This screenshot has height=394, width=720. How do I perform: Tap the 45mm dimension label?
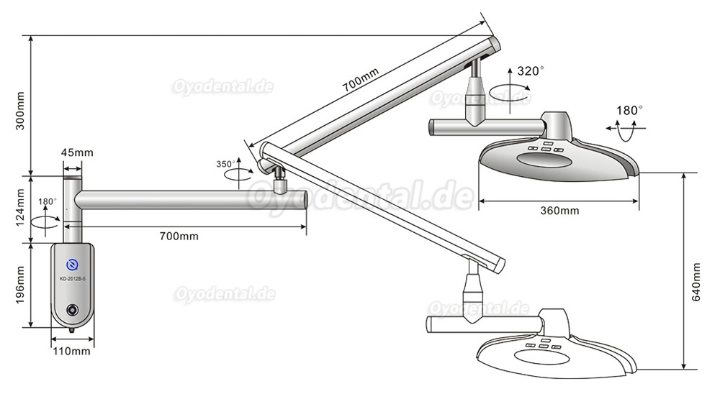click(x=77, y=152)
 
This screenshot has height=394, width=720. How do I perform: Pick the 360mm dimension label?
click(x=559, y=211)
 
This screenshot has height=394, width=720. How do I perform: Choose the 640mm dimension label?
click(x=696, y=281)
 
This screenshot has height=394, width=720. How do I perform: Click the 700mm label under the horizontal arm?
click(x=179, y=237)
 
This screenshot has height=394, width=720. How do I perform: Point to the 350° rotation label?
click(x=225, y=164)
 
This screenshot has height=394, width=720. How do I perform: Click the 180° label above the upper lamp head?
click(x=631, y=110)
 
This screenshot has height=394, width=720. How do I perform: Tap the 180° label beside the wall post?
click(x=47, y=201)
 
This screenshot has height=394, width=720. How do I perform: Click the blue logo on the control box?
click(x=72, y=265)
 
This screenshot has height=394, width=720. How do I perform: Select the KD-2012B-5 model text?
click(x=72, y=279)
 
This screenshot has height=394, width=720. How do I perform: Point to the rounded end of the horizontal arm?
click(x=305, y=200)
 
